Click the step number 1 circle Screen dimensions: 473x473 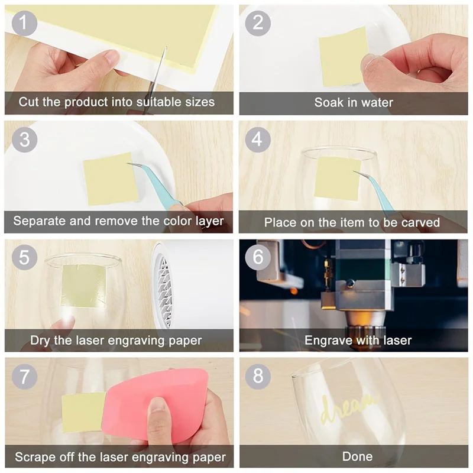24,23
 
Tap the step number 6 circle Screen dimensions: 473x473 258,257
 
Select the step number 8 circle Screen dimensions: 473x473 258,376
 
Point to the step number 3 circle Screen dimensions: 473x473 24,140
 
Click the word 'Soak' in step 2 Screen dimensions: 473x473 329,102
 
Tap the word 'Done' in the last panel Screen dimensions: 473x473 358,456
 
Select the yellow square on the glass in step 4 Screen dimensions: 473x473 338,179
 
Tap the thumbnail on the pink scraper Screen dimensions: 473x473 157,406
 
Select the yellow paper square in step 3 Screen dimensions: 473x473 111,179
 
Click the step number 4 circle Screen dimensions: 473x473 258,140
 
